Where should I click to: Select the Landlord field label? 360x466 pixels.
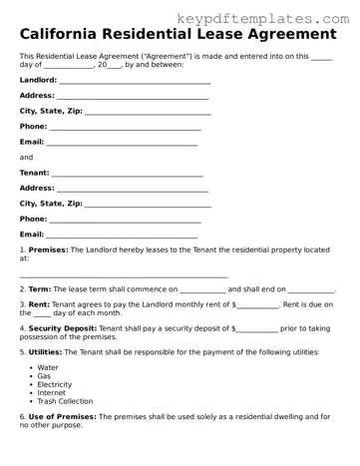click(x=38, y=79)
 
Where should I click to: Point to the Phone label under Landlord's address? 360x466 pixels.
click(x=33, y=127)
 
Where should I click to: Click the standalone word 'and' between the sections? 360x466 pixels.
click(x=26, y=157)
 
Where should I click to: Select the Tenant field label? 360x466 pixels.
click(x=34, y=172)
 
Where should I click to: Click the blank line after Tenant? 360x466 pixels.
click(x=130, y=174)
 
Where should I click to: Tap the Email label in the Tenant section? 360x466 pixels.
click(x=32, y=233)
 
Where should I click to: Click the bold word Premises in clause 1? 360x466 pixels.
click(x=48, y=249)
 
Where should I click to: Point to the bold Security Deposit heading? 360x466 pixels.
click(x=64, y=327)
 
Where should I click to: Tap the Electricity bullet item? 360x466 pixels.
click(x=54, y=383)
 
